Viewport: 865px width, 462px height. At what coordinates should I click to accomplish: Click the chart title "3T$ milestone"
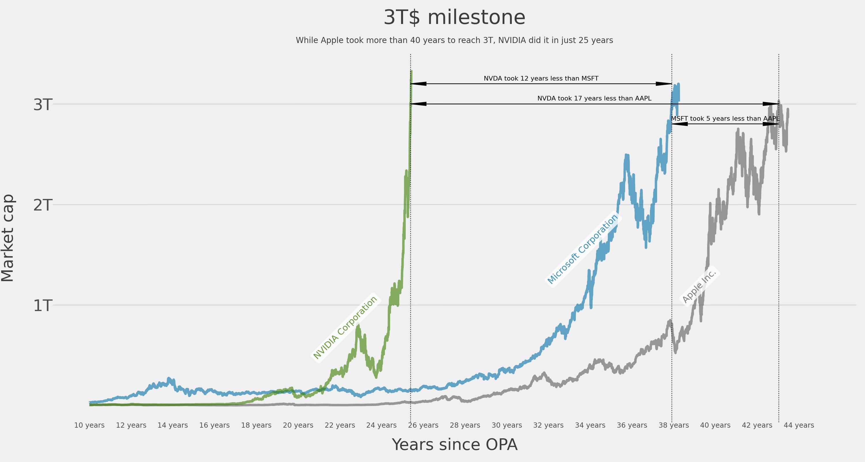(454, 18)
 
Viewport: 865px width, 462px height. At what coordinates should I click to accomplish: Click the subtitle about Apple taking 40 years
(454, 40)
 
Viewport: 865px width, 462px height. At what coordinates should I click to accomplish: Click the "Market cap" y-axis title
(7, 238)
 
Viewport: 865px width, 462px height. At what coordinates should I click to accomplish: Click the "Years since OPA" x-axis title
(454, 444)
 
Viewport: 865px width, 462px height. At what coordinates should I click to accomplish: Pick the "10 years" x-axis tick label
(89, 425)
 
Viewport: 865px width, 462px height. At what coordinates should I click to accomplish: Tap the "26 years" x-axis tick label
(423, 425)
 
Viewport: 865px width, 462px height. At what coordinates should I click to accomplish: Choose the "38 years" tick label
(674, 425)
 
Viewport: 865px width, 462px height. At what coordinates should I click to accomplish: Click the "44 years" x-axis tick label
(799, 425)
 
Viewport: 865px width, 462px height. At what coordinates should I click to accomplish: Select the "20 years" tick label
(298, 425)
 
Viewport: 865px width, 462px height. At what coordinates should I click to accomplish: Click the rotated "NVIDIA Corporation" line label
(345, 328)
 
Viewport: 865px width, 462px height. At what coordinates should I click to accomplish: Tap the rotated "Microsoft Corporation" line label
(583, 249)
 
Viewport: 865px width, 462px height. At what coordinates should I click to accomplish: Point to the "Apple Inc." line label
(699, 286)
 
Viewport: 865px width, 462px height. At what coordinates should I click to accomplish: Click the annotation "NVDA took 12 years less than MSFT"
(541, 78)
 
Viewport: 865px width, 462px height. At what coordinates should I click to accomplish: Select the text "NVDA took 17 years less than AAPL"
(594, 98)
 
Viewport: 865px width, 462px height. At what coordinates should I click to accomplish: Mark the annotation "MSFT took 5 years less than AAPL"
(725, 118)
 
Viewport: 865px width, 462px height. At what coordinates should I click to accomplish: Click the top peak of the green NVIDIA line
(411, 71)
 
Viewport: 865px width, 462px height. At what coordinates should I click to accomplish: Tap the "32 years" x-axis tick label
(548, 425)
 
